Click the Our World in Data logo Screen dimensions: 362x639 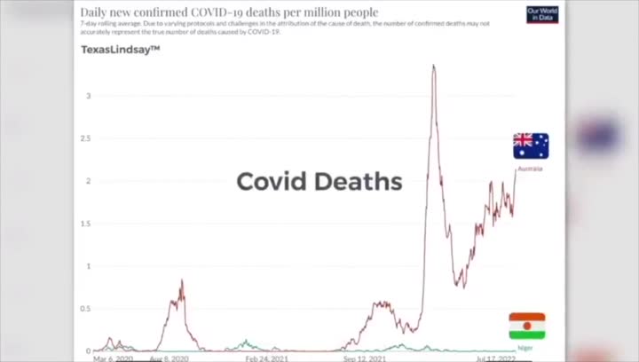pos(542,14)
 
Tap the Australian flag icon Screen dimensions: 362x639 pos(531,146)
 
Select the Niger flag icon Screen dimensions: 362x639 pos(527,326)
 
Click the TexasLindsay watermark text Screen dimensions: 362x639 pos(120,50)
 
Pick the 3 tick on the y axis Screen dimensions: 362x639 pos(88,95)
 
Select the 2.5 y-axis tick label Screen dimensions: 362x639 pos(86,138)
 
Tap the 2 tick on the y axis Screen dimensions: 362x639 pos(88,181)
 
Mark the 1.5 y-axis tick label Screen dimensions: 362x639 pos(86,224)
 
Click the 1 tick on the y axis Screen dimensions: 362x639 pos(88,266)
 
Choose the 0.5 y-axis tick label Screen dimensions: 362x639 pos(86,309)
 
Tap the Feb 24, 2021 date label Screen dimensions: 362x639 pos(266,358)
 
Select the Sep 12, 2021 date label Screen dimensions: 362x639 pos(366,358)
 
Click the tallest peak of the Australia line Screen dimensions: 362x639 pos(433,66)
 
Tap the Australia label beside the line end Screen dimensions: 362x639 pos(530,168)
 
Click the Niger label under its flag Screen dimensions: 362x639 pos(525,348)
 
